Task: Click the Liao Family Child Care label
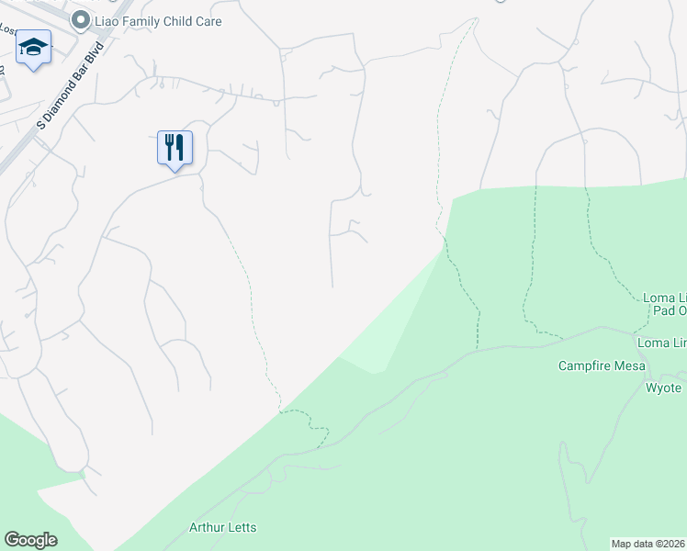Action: pos(158,20)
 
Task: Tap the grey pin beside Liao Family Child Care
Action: pos(82,19)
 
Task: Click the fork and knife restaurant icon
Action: pos(175,147)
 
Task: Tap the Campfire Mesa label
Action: pos(602,365)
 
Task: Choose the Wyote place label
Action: pos(663,388)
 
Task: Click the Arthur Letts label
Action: pos(222,527)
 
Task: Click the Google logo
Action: pos(30,540)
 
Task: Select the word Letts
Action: pos(241,527)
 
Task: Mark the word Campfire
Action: pos(585,365)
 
